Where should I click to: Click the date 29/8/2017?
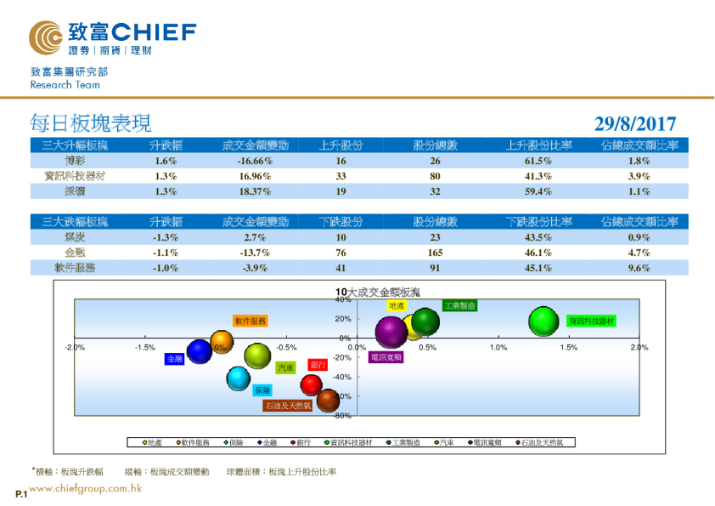click(634, 123)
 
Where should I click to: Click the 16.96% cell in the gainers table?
click(255, 176)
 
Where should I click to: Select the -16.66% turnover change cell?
click(255, 161)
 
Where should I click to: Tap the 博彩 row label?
click(75, 161)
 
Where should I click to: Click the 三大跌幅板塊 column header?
click(75, 222)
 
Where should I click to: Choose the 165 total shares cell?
click(435, 253)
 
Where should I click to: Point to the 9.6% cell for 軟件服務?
click(639, 268)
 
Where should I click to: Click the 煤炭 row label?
click(75, 237)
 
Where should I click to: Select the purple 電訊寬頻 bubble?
click(391, 333)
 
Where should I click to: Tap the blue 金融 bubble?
click(200, 350)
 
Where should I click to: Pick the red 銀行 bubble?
click(312, 384)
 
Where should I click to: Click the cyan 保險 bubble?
click(239, 379)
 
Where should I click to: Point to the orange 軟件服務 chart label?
click(251, 321)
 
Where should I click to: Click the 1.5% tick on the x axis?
click(569, 348)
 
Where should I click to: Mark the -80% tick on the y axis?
click(342, 416)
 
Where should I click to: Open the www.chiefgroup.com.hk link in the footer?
click(85, 489)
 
